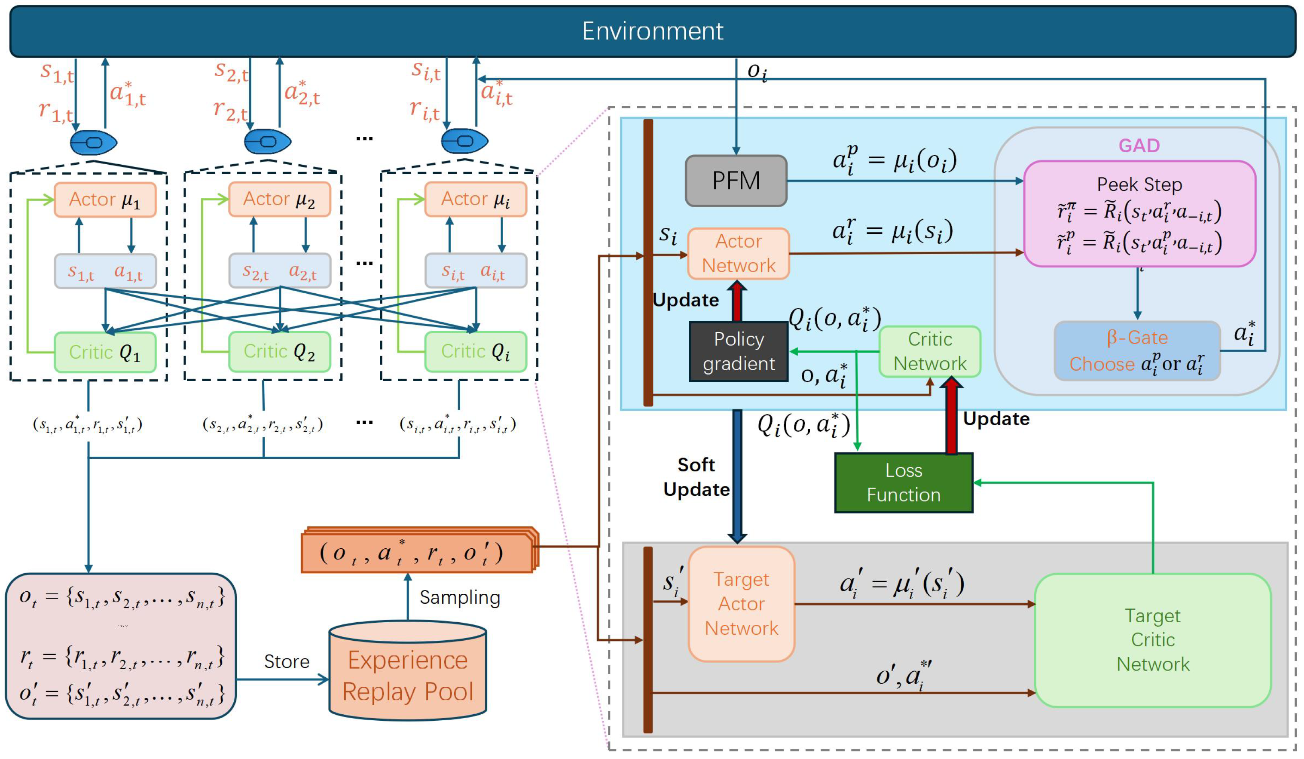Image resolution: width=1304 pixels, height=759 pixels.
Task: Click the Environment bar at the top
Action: click(x=652, y=31)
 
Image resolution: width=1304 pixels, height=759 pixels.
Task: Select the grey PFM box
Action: click(x=736, y=181)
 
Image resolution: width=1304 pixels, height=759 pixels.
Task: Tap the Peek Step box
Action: click(x=1139, y=213)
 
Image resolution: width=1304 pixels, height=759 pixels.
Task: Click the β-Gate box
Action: click(x=1137, y=351)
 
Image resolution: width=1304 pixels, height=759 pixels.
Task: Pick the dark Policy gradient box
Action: click(x=739, y=351)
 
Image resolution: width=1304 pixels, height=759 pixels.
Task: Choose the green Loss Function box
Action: click(x=904, y=482)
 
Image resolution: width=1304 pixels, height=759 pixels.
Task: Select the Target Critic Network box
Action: click(x=1152, y=640)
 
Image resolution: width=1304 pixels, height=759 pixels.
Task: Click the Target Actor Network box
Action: click(x=741, y=604)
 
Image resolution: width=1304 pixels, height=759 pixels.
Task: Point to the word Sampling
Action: click(x=459, y=597)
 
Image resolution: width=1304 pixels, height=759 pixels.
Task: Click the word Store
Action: click(x=287, y=662)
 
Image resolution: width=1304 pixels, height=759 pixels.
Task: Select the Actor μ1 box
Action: click(x=105, y=200)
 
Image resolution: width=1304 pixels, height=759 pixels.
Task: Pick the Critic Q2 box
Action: click(x=279, y=351)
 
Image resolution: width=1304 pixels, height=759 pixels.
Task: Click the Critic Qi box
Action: click(x=476, y=351)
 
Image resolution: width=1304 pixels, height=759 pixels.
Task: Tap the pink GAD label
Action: click(x=1139, y=145)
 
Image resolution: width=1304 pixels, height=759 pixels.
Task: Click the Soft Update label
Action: click(x=696, y=477)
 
